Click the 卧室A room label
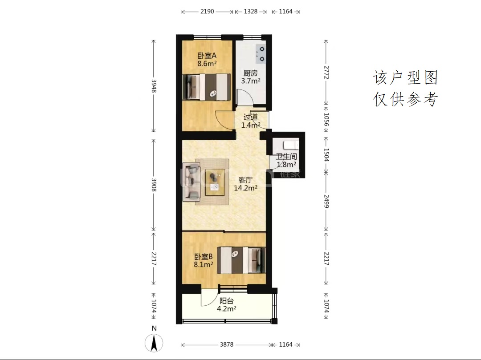[x=207, y=56]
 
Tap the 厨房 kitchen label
[x=250, y=73]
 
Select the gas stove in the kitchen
[x=261, y=53]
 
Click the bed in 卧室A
[x=207, y=87]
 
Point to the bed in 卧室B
[x=241, y=260]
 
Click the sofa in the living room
[x=192, y=182]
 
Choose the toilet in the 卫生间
[x=290, y=144]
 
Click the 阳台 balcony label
[x=226, y=301]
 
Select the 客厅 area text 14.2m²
[x=245, y=188]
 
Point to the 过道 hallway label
[x=250, y=117]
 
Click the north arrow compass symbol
[x=154, y=343]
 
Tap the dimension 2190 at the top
[x=207, y=12]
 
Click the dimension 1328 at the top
[x=251, y=12]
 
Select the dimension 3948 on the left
[x=154, y=86]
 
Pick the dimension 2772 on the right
[x=326, y=73]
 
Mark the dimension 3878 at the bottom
[x=226, y=345]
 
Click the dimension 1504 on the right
[x=326, y=155]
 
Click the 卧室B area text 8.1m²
[x=204, y=264]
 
